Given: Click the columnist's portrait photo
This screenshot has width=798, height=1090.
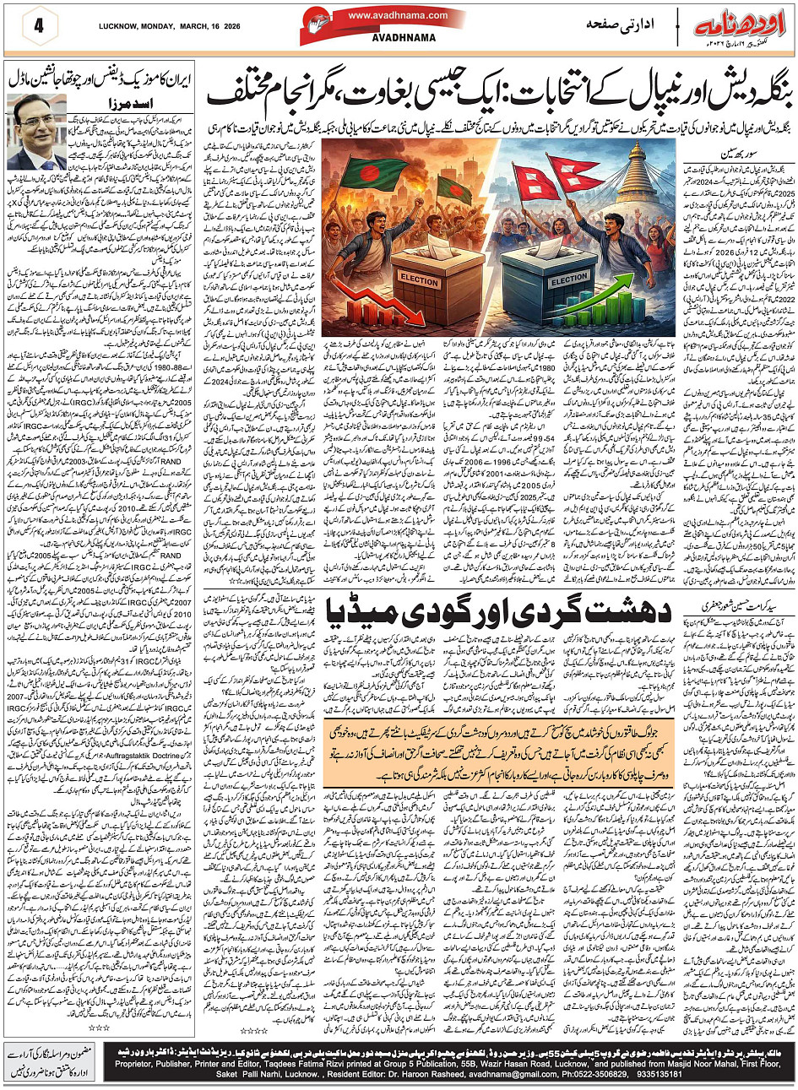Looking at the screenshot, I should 36,132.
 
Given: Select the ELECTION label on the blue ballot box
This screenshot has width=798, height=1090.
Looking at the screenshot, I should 569,279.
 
